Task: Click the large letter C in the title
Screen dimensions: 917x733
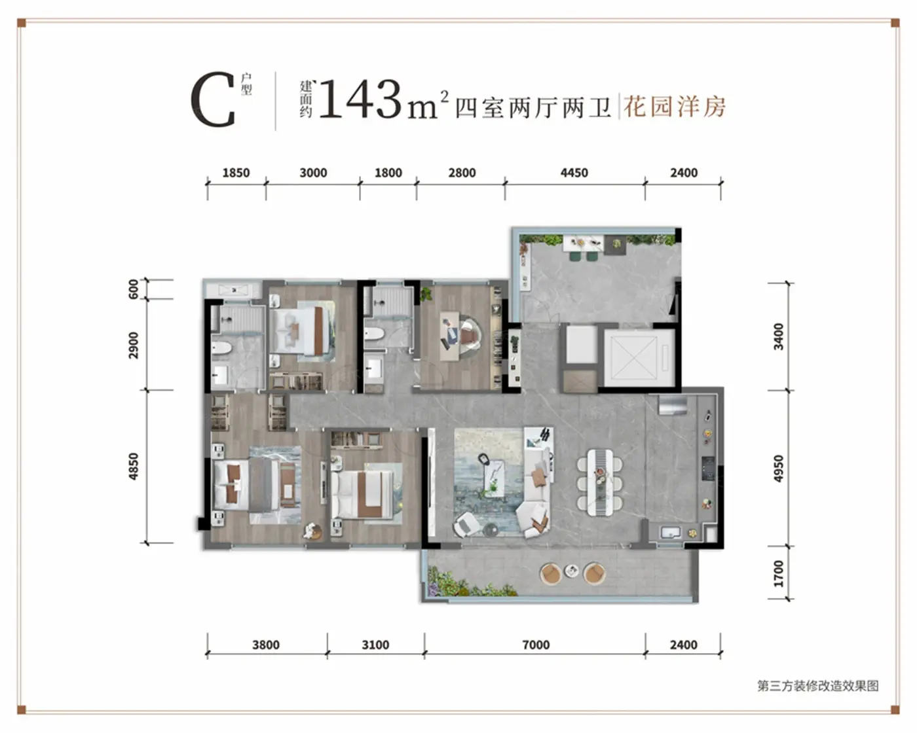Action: click(213, 99)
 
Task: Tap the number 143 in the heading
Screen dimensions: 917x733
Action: click(360, 99)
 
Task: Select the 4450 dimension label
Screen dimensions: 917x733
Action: click(574, 173)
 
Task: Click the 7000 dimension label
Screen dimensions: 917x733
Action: click(536, 645)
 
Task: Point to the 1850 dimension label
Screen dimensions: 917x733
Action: click(236, 173)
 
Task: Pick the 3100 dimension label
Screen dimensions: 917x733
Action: click(375, 645)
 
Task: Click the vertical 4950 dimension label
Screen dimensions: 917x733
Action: click(779, 469)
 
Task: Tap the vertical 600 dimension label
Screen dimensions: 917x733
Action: click(134, 289)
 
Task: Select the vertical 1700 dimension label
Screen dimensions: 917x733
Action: click(779, 574)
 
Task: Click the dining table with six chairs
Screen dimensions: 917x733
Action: click(600, 482)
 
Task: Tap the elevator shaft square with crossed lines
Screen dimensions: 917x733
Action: click(634, 357)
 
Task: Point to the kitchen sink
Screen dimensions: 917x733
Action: click(670, 532)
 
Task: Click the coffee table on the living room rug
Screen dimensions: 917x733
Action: click(495, 478)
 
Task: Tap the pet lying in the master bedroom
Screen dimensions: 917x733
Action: click(312, 530)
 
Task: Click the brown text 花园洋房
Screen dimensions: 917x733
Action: click(675, 107)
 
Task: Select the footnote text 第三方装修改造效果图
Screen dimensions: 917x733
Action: click(817, 686)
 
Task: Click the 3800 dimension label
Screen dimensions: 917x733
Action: click(266, 645)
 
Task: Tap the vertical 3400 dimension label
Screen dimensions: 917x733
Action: click(779, 336)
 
